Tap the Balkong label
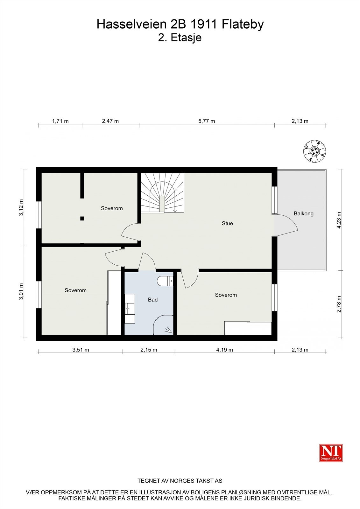pos(303,213)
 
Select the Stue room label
pos(227,223)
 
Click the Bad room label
pos(153,300)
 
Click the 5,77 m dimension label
pos(207,121)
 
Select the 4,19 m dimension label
pos(224,350)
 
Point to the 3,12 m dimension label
pos(21,208)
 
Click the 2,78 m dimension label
pos(339,304)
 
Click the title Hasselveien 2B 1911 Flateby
pos(180,24)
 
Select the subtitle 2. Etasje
pos(180,38)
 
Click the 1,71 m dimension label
pos(60,121)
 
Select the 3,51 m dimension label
pos(81,350)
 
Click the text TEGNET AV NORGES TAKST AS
pos(180,481)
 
